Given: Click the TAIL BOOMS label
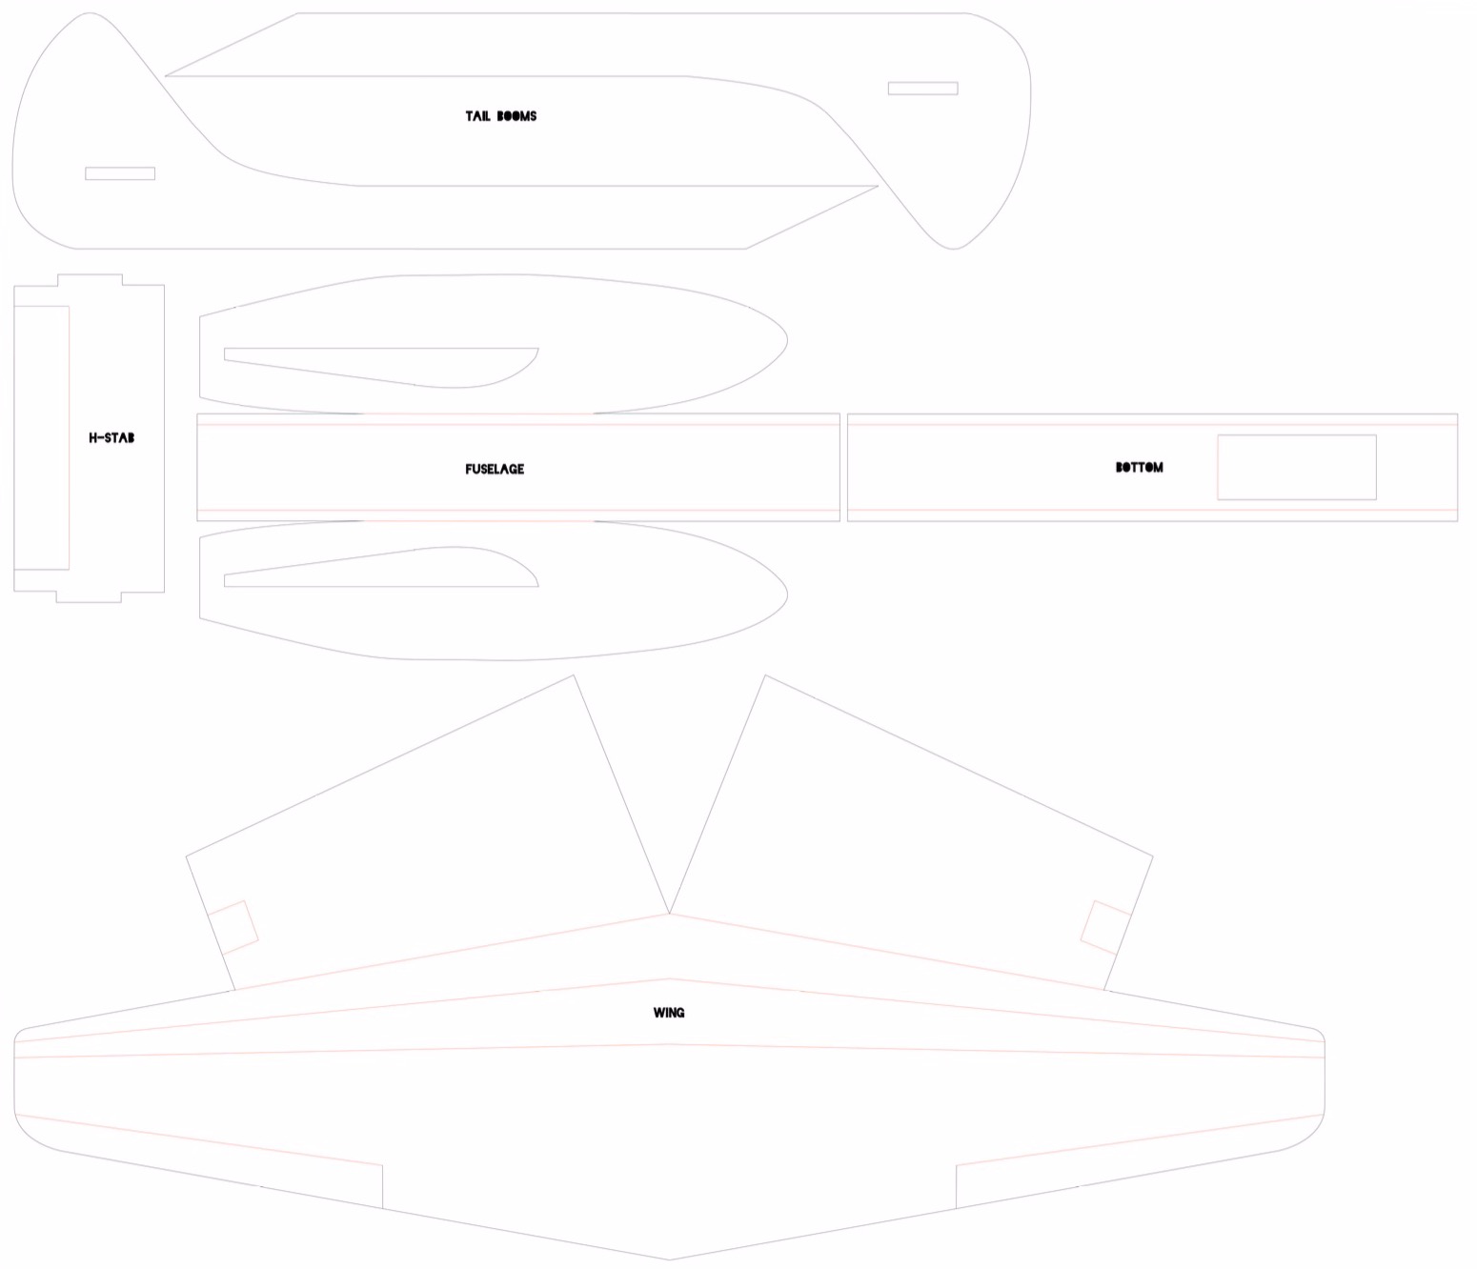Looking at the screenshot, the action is (x=500, y=116).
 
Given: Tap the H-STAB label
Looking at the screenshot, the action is (x=111, y=438).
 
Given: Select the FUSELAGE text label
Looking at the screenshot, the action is (x=495, y=469).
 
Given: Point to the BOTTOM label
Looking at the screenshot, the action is (x=1139, y=468).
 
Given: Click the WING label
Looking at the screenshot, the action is (x=669, y=1013).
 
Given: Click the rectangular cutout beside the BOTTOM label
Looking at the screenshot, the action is (x=1296, y=467).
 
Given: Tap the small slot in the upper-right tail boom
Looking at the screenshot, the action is (x=922, y=89).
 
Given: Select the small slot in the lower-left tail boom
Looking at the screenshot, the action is (x=120, y=173).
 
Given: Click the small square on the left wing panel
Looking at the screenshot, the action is (x=233, y=927).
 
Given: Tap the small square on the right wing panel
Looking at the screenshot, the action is (x=1105, y=927).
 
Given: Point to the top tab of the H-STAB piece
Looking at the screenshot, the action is (x=90, y=280).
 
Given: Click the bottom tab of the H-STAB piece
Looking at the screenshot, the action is (x=90, y=596).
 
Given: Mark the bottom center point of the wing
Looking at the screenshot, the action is (x=669, y=1259).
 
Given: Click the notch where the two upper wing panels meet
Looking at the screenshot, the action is (x=669, y=913).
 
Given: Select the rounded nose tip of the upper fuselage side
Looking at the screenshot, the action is (x=785, y=341).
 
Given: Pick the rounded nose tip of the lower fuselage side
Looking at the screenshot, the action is (x=785, y=594).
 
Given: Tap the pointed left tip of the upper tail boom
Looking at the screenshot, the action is (x=168, y=75).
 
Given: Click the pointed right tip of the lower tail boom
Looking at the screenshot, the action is (x=876, y=187).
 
